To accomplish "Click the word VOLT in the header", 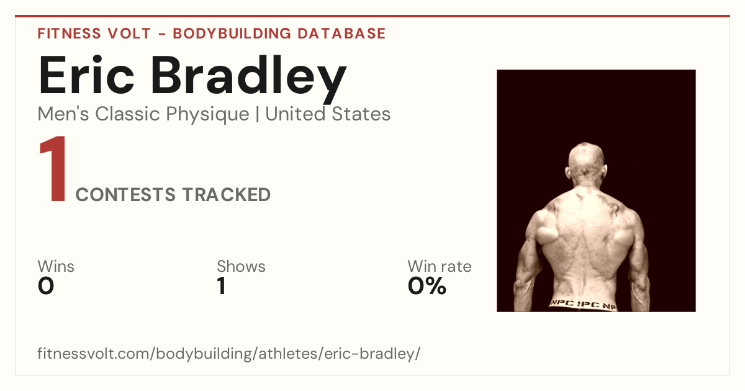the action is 129,34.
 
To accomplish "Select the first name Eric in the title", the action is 86,75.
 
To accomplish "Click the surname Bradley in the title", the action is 249,79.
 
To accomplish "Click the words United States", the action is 328,114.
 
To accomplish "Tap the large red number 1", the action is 53,168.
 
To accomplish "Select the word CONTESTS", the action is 125,195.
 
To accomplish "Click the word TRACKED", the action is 227,195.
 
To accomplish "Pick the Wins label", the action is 56,266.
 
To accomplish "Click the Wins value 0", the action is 46,286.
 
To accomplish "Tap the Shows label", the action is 241,266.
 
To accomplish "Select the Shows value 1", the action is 222,286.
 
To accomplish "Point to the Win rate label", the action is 440,266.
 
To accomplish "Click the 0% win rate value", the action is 427,286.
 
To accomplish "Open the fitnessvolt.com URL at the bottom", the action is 229,354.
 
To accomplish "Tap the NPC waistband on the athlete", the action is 583,304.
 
